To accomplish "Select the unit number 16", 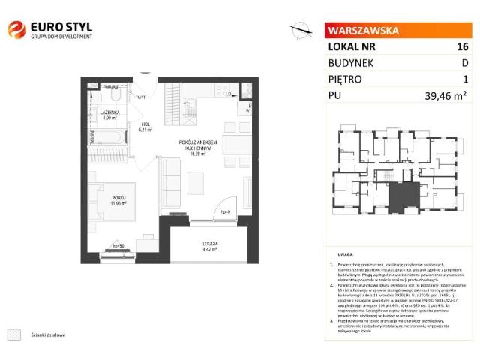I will tap(462, 46).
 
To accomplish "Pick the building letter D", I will tap(464, 63).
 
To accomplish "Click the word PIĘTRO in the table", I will tap(345, 79).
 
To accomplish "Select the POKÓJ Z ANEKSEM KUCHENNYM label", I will tap(198, 145).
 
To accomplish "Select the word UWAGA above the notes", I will tap(345, 255).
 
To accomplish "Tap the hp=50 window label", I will tap(117, 245).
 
